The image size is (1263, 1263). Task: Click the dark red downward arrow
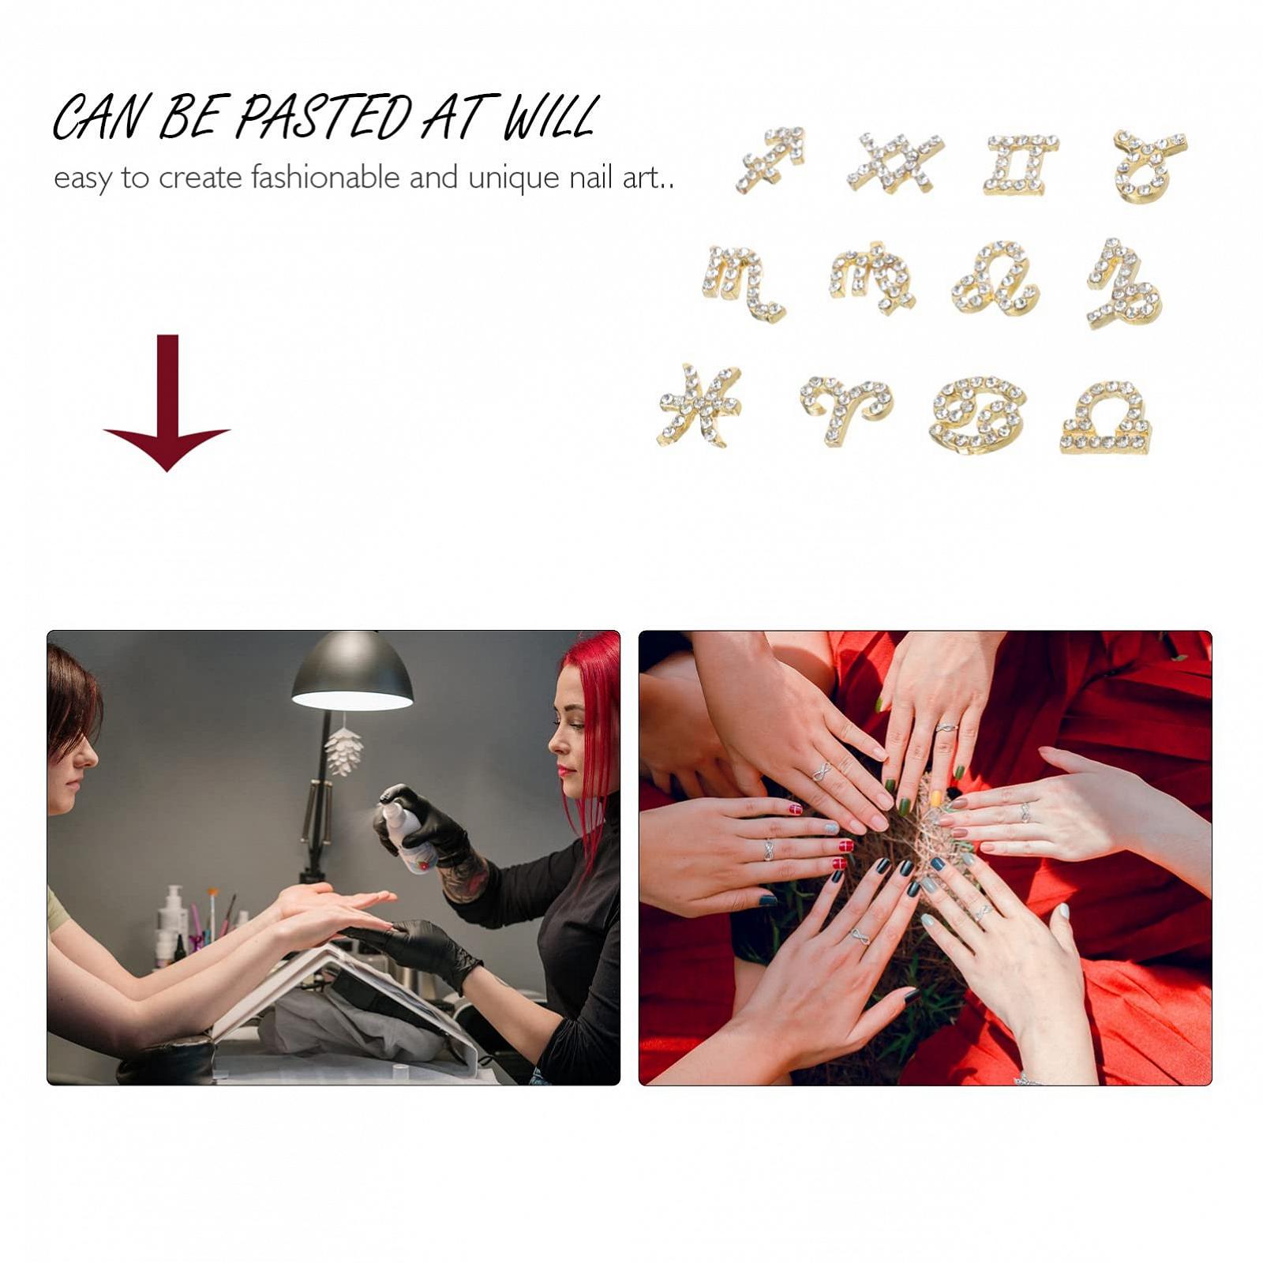point(167,403)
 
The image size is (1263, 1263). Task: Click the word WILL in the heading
point(549,118)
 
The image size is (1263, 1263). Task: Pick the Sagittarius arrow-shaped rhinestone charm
point(770,159)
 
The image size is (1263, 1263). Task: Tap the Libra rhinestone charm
point(1105,418)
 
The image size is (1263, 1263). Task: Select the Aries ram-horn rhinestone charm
point(845,408)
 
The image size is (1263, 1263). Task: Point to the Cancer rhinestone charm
point(978,414)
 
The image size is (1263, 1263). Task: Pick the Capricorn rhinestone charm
point(1122,283)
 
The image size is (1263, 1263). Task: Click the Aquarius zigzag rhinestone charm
point(895,162)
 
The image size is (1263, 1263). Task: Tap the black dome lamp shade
point(352,671)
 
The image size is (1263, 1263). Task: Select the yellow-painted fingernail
point(936,798)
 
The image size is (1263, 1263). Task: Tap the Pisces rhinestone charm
point(699,404)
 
